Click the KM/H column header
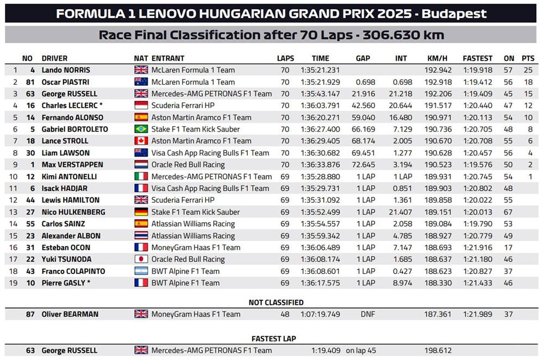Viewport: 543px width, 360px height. coord(437,58)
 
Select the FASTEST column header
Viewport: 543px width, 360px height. coord(477,58)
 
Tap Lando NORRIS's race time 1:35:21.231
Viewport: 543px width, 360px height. coord(320,70)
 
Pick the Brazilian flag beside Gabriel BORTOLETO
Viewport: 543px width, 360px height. coord(141,129)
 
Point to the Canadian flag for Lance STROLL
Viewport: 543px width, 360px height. coord(141,141)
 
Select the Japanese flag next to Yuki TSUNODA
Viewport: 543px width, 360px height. coord(141,259)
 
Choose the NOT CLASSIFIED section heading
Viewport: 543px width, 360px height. coord(276,302)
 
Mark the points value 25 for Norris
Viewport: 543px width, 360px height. coord(527,70)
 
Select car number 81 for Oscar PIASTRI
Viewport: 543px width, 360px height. coord(30,82)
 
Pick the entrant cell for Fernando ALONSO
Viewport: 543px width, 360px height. coord(201,117)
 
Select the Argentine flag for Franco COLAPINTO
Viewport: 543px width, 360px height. coord(141,271)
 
